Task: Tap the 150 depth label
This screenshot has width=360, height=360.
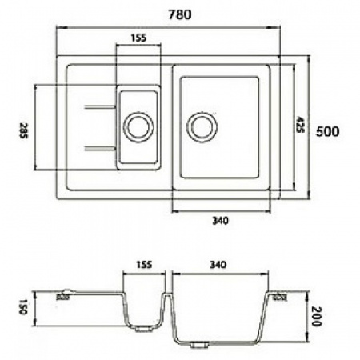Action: pos(23,305)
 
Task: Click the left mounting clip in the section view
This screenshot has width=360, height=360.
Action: pos(63,294)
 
